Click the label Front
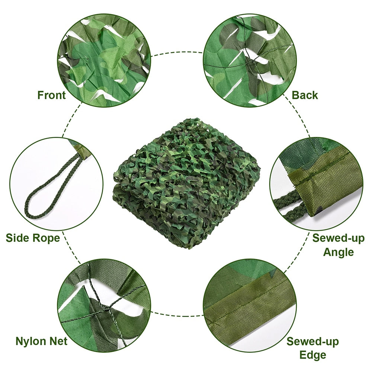[51, 95]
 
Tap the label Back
[305, 95]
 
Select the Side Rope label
[33, 238]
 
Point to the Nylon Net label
[41, 341]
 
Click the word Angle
[338, 252]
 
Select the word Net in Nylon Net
[58, 341]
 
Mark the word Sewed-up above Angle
[338, 238]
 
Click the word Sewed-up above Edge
[312, 341]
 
